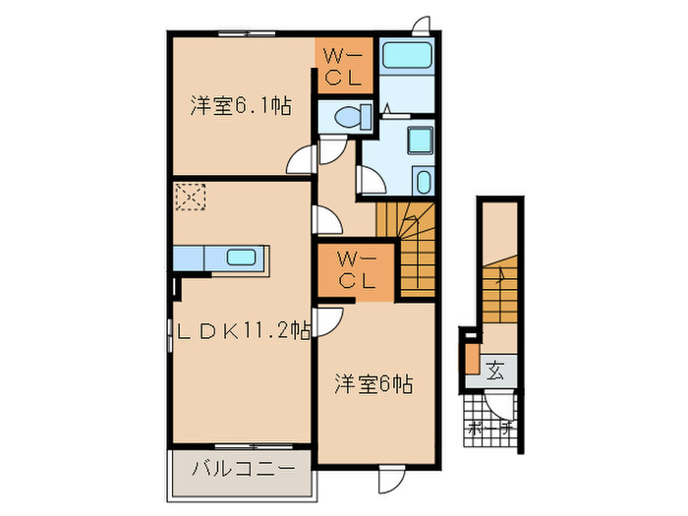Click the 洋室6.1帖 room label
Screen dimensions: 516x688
(240, 106)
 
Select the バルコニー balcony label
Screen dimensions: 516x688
(242, 470)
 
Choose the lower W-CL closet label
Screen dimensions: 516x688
(356, 270)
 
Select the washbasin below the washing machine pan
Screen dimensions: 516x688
(423, 182)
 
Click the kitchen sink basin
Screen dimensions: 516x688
(241, 258)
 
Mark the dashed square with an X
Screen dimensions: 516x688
(188, 197)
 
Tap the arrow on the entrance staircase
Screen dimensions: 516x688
(500, 279)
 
